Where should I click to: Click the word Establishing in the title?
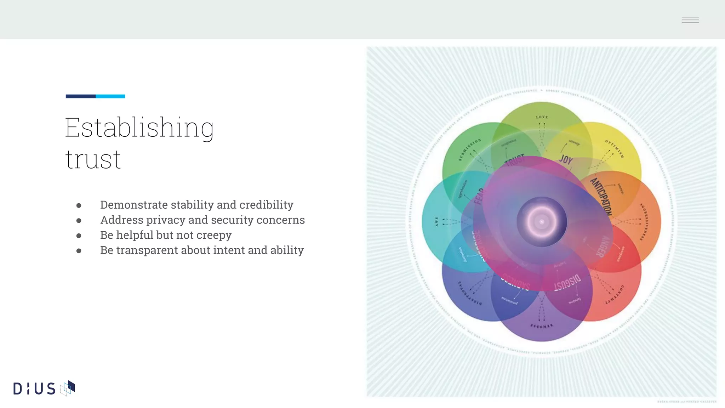click(139, 128)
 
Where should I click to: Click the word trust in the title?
click(93, 160)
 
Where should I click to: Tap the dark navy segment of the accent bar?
click(80, 96)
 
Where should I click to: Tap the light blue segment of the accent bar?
click(110, 96)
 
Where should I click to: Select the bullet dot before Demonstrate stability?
click(79, 205)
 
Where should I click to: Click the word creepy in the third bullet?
click(214, 235)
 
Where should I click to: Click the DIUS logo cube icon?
click(68, 388)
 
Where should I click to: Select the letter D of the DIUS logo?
click(18, 389)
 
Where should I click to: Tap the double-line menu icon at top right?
click(690, 20)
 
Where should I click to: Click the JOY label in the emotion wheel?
click(566, 160)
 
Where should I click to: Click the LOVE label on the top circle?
click(542, 117)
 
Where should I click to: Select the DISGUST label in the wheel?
click(567, 282)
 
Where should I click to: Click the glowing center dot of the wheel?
click(542, 222)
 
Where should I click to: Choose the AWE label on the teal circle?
click(436, 222)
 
